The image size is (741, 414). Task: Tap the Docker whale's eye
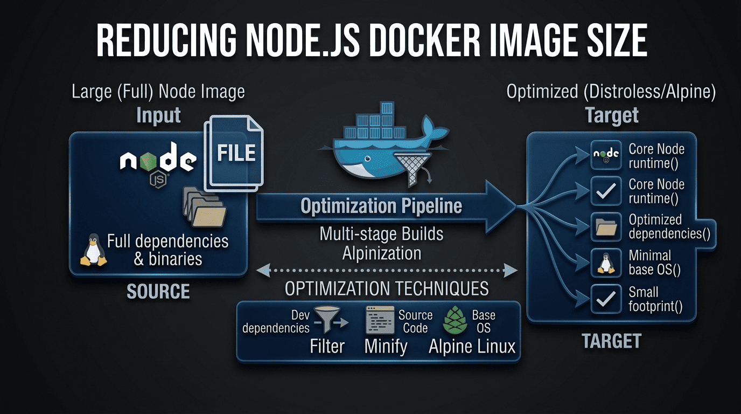coord(366,159)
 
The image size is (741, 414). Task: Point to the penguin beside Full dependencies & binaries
coord(94,250)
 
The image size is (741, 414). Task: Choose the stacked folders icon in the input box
coord(205,208)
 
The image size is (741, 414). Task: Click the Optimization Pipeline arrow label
coord(381,206)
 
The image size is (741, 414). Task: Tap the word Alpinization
coord(382,252)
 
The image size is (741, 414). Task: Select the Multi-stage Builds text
coord(381,234)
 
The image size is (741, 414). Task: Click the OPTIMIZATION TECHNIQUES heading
coord(386,289)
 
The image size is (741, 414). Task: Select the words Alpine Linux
coord(472,346)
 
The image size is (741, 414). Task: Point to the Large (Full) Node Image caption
coord(158,92)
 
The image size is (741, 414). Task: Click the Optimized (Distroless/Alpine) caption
coord(611,92)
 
